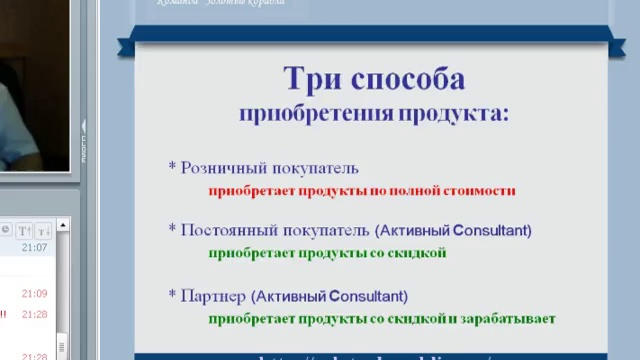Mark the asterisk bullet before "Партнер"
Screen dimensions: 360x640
coord(172,296)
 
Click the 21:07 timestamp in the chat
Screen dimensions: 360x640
coord(35,247)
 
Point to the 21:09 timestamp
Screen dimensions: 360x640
coord(35,293)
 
